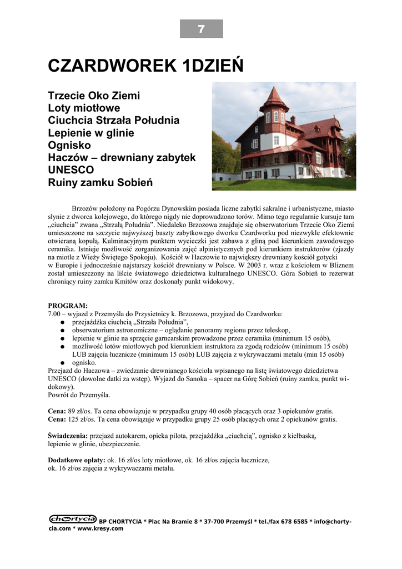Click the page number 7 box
[x=201, y=29]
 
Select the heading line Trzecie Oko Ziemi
[x=94, y=96]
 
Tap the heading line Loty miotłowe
[x=84, y=108]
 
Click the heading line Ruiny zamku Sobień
[x=100, y=183]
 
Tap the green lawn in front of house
[x=283, y=184]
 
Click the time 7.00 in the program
[x=54, y=314]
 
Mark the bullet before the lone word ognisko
[x=64, y=362]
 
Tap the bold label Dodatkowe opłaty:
[x=77, y=461]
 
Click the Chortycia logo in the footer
[x=72, y=519]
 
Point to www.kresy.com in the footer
[x=99, y=528]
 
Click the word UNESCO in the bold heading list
[x=71, y=170]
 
